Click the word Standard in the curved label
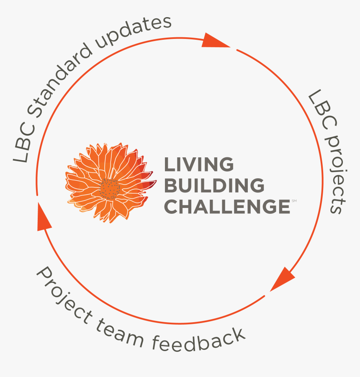(x=59, y=80)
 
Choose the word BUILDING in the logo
(x=214, y=185)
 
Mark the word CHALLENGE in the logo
(x=227, y=206)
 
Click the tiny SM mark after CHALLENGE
(x=294, y=201)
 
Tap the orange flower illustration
(x=111, y=182)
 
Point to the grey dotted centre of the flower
(x=110, y=189)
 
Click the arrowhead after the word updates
(x=215, y=41)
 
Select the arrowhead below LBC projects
(x=283, y=278)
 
